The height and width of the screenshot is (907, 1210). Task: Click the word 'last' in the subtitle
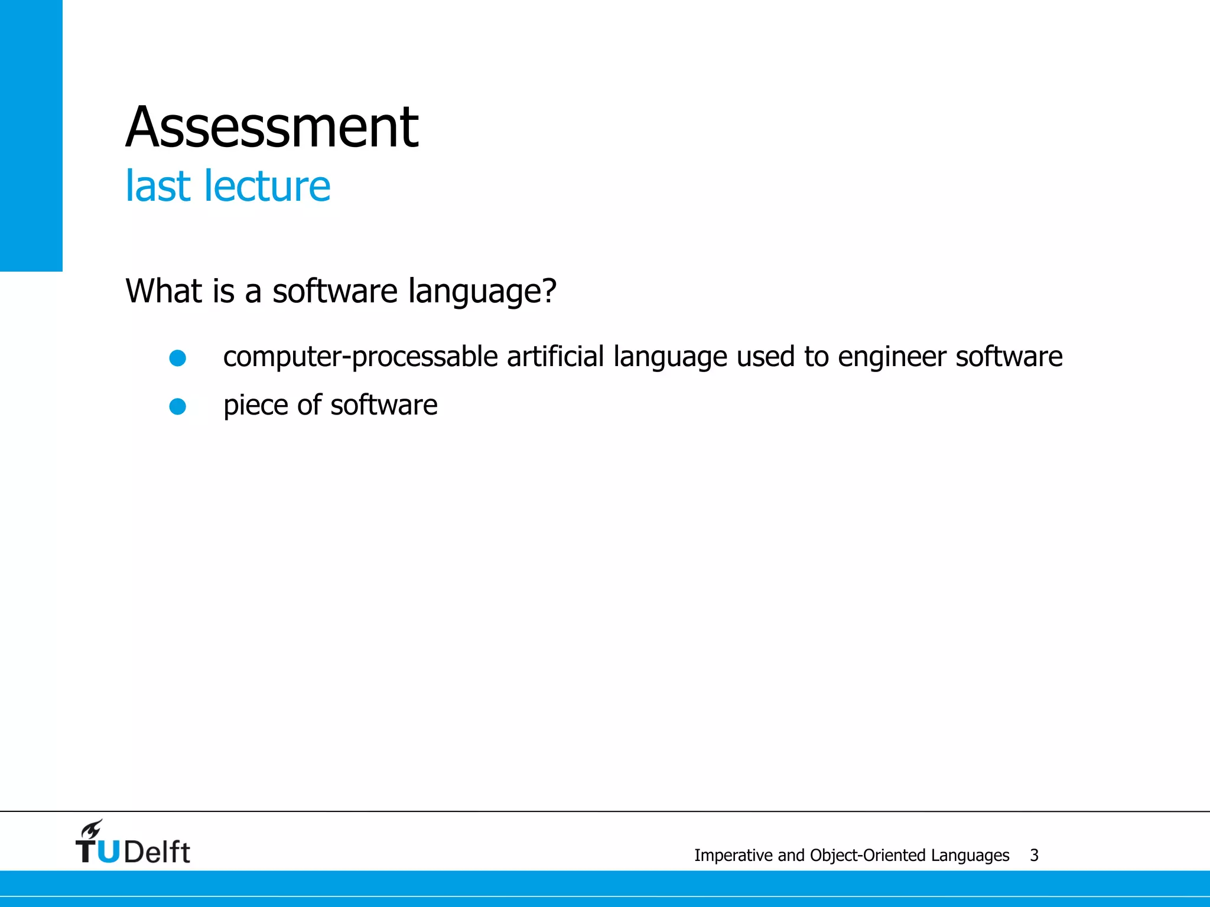(x=157, y=186)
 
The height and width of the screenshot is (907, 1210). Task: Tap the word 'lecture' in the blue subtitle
(x=266, y=186)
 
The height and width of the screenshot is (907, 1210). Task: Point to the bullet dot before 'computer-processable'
(x=178, y=358)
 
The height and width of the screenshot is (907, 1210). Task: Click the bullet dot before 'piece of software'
(x=178, y=406)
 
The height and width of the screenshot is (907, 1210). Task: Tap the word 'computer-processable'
(x=360, y=357)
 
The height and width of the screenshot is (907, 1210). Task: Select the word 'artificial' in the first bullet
(x=555, y=357)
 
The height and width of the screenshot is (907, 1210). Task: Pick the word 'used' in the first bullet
(x=765, y=357)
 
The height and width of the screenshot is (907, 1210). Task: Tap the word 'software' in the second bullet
(x=384, y=405)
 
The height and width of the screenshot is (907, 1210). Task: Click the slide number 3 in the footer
(x=1034, y=855)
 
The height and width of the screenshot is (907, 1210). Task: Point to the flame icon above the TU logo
(x=92, y=829)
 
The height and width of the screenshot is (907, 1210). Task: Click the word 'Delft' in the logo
(x=157, y=852)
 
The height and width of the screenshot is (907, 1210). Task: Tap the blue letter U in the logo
(x=108, y=852)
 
